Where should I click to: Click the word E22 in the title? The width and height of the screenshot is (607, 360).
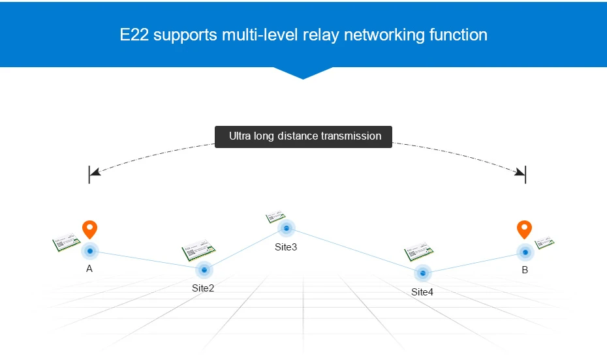coord(134,35)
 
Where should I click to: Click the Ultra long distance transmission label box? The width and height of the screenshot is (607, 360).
coord(303,136)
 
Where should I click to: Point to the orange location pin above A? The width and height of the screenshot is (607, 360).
coord(89,229)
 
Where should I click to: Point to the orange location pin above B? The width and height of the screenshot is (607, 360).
coord(524,229)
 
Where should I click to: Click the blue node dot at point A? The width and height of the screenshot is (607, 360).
coord(89,251)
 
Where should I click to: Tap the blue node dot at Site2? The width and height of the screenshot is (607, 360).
coord(204,269)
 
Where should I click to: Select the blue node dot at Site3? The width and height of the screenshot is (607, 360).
coord(286,228)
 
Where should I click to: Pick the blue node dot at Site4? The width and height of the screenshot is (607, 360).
coord(422,273)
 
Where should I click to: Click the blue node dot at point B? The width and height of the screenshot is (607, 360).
coord(524,252)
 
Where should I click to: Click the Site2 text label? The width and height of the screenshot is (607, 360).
coord(203,288)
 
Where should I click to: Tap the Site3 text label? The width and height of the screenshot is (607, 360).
coord(286,247)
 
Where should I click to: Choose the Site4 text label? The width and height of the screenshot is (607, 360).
coord(422,292)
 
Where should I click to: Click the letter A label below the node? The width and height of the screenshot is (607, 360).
coord(89,269)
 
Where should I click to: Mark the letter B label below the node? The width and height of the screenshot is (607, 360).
coord(525,269)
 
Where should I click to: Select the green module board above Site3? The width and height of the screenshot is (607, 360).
coord(275,216)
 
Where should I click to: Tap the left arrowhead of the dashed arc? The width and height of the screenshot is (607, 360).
coord(95,172)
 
